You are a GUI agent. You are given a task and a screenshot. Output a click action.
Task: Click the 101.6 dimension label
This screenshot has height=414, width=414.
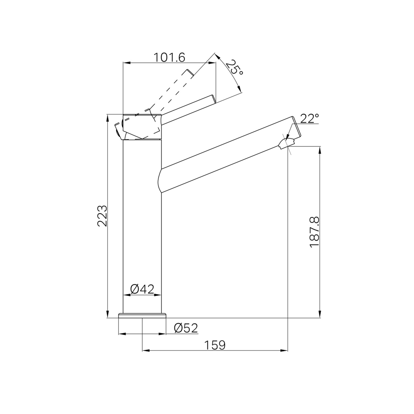[169, 57]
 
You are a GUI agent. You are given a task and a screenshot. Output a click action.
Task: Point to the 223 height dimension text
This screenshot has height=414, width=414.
[102, 216]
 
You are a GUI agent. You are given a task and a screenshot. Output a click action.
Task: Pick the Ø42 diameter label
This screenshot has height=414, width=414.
[142, 289]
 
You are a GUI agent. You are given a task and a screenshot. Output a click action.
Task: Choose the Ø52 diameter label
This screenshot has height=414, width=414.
[186, 328]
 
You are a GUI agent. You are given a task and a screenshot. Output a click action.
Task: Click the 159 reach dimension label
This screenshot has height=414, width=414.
[215, 345]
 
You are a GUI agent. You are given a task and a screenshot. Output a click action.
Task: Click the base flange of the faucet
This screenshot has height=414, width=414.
[142, 315]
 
